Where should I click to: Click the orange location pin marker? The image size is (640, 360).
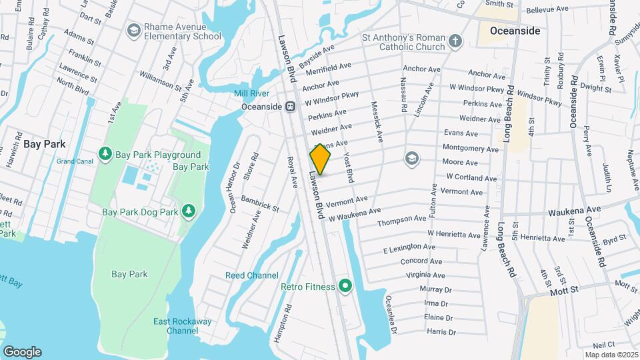tap(320, 160)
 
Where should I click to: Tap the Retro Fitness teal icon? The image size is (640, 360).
tap(345, 287)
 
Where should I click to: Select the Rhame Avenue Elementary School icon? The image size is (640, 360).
tap(134, 31)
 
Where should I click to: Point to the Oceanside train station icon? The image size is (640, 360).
tap(291, 106)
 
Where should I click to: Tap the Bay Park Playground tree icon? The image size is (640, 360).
tap(105, 154)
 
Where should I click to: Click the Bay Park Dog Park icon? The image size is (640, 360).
tap(189, 211)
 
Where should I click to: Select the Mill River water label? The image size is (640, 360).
tap(251, 93)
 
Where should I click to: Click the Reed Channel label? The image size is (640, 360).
tap(252, 275)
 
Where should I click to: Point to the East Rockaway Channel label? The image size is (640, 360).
tap(183, 326)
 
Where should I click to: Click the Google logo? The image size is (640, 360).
tap(22, 351)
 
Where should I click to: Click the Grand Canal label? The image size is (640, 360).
tap(75, 161)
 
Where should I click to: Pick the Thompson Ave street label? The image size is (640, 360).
tap(401, 220)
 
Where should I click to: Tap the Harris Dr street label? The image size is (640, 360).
tap(441, 331)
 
